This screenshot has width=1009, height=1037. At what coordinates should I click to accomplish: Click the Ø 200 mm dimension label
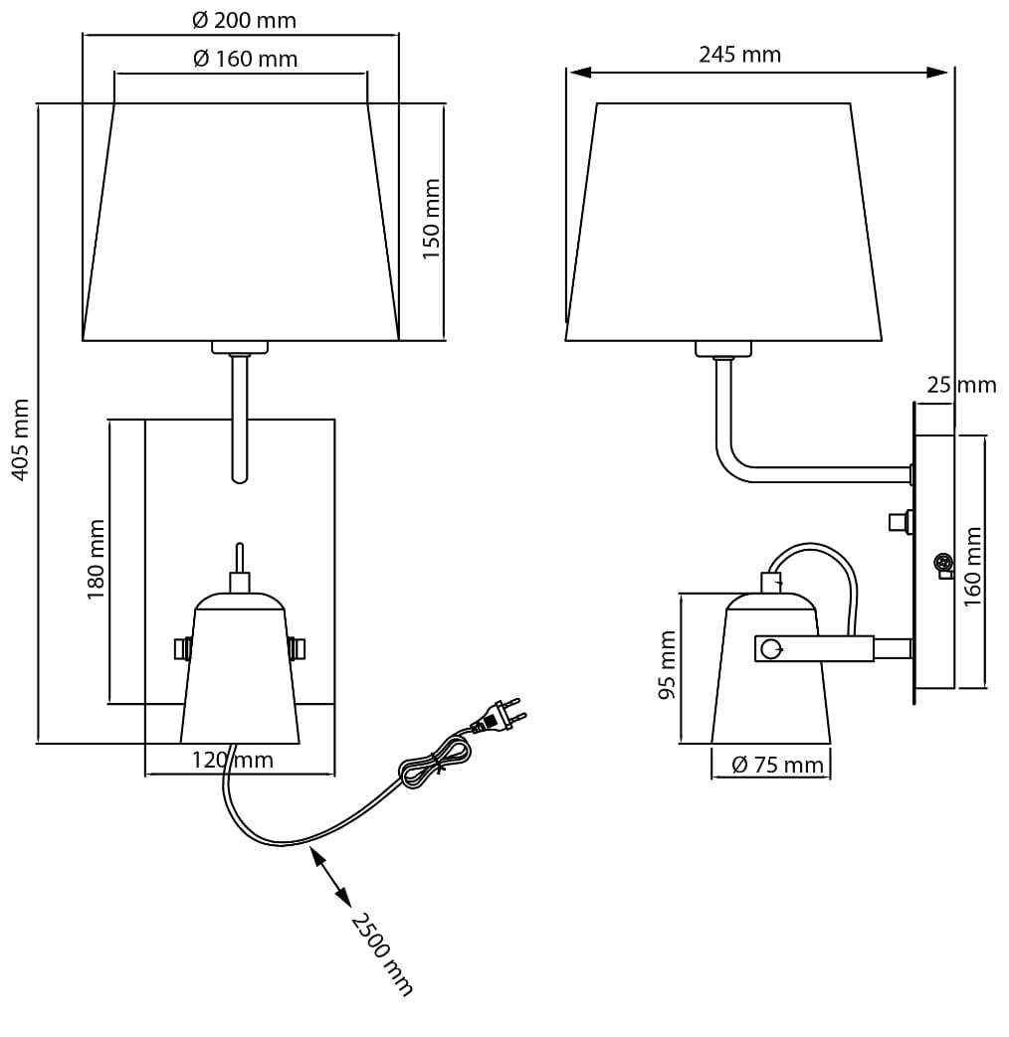point(244,21)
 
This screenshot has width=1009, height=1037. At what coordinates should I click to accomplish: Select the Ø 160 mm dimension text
point(245,59)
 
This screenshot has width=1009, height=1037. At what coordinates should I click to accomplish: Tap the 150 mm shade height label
point(432,219)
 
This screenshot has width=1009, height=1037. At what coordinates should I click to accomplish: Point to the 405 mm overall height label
point(21,439)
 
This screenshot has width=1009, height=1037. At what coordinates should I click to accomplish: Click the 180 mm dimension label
point(96,560)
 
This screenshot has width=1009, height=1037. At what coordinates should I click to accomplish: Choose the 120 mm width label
point(233,760)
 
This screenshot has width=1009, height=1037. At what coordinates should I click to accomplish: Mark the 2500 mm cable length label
point(382,954)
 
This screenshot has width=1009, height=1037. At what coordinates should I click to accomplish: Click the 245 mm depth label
point(739,55)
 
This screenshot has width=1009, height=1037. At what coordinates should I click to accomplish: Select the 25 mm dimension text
point(960,384)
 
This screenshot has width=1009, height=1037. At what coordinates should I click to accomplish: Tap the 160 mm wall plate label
point(972,567)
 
